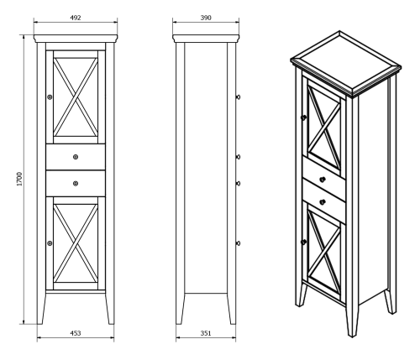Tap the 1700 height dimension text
pyautogui.click(x=18, y=179)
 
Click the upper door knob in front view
pyautogui.click(x=50, y=97)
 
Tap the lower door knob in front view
pyautogui.click(x=50, y=243)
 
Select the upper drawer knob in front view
pyautogui.click(x=76, y=156)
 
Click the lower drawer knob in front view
pyautogui.click(x=76, y=184)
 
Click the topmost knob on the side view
pyautogui.click(x=239, y=97)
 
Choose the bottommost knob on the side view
pyautogui.click(x=239, y=243)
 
